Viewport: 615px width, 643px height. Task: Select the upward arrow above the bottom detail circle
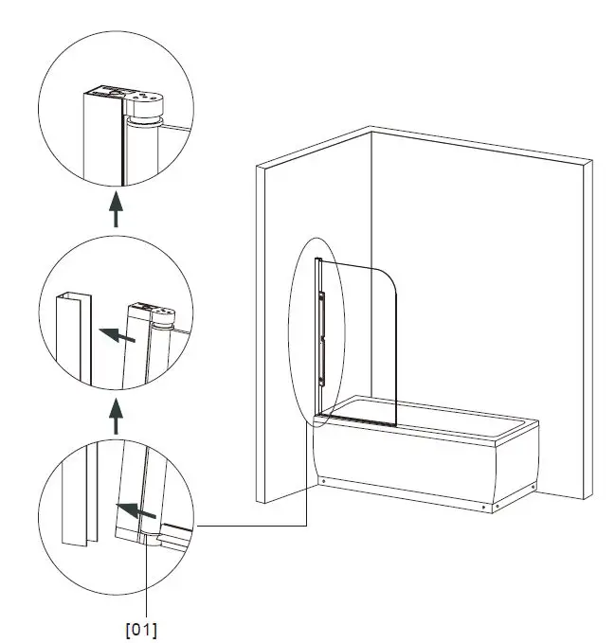point(116,416)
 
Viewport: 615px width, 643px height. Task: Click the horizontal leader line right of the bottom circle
point(251,525)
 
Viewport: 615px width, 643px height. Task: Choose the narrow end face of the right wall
point(587,331)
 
